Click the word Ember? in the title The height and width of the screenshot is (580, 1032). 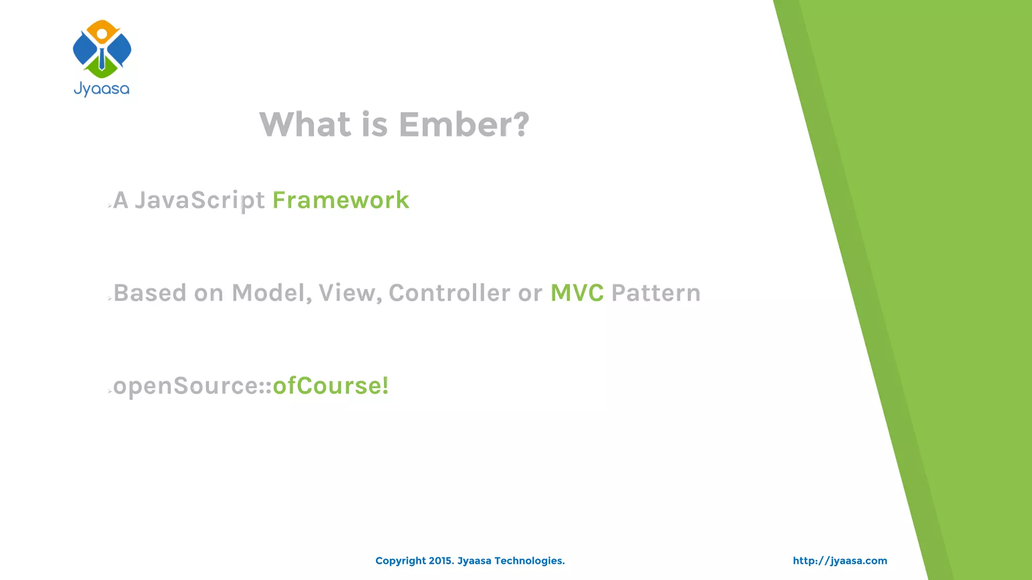(464, 124)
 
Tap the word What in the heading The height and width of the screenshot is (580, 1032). (305, 124)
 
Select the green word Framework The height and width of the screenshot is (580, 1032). (341, 200)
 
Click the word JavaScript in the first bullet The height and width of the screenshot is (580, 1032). (200, 200)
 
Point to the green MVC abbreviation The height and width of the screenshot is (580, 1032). (576, 293)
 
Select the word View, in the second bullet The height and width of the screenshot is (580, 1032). (350, 293)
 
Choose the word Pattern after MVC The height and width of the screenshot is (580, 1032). (656, 293)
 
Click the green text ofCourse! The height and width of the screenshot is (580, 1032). (331, 386)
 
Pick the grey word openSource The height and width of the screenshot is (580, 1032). (186, 387)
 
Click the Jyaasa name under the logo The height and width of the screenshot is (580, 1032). (102, 89)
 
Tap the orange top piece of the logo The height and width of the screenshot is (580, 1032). (102, 28)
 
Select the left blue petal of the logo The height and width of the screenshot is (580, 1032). (84, 49)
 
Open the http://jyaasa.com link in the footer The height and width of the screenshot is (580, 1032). (840, 561)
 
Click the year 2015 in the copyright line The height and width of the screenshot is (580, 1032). (441, 561)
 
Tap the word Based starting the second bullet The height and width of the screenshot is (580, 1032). (150, 293)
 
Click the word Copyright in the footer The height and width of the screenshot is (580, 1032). (400, 561)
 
